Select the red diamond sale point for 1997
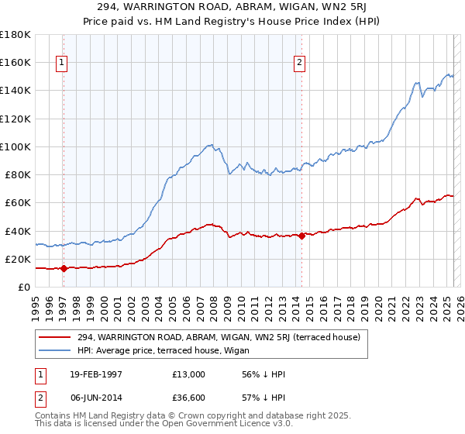pos(64,268)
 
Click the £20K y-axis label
pos(18,260)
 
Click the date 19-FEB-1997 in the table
pos(92,374)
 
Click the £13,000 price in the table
pos(189,374)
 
